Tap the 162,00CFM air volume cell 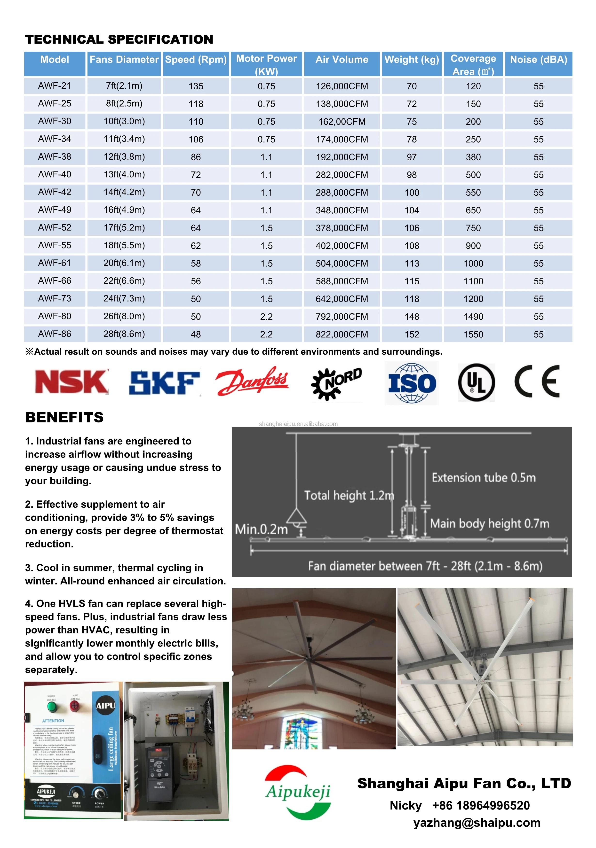(x=342, y=122)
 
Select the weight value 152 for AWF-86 (x=412, y=334)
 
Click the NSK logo (x=72, y=382)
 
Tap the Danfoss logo (x=252, y=381)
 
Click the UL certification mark (x=476, y=382)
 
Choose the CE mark (x=537, y=381)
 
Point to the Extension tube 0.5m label (x=483, y=478)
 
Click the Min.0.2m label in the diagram (x=261, y=529)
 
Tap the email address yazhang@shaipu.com (x=477, y=823)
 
